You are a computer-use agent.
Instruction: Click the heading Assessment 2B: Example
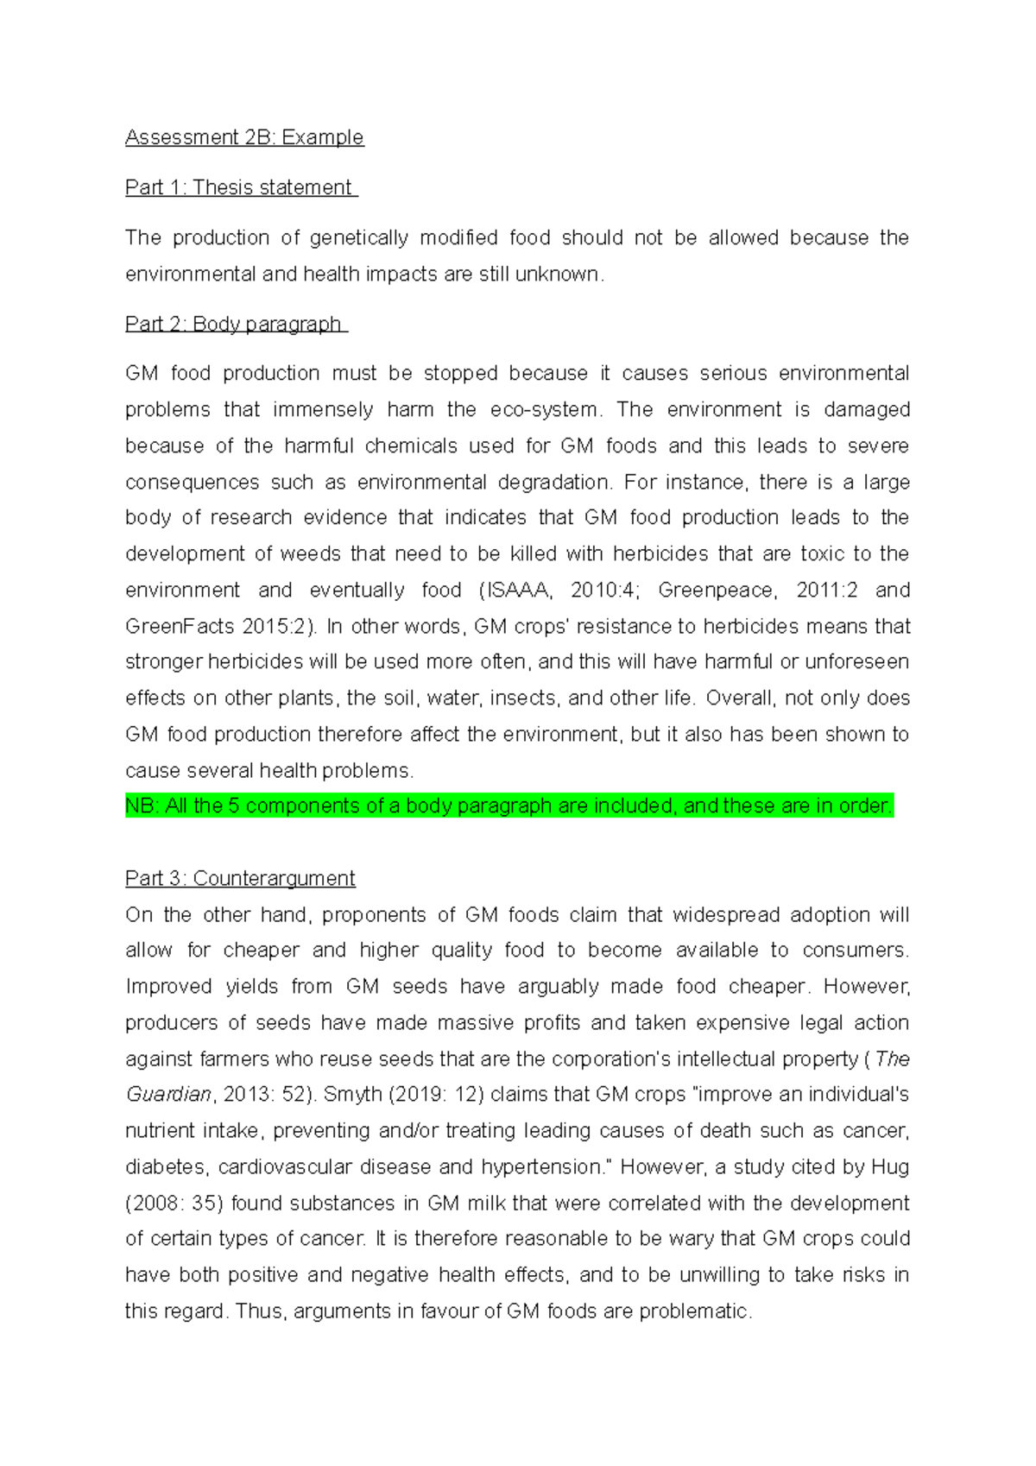[244, 137]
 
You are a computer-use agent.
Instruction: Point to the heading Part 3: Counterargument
[240, 878]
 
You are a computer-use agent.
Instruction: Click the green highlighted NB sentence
[509, 806]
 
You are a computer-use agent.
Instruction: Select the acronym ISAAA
[517, 590]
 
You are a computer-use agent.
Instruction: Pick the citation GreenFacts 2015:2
[216, 626]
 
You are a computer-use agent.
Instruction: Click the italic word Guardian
[167, 1094]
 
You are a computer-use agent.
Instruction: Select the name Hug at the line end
[890, 1166]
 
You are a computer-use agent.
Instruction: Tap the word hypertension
[540, 1166]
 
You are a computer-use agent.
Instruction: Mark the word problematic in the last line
[694, 1311]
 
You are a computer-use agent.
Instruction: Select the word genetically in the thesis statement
[359, 237]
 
